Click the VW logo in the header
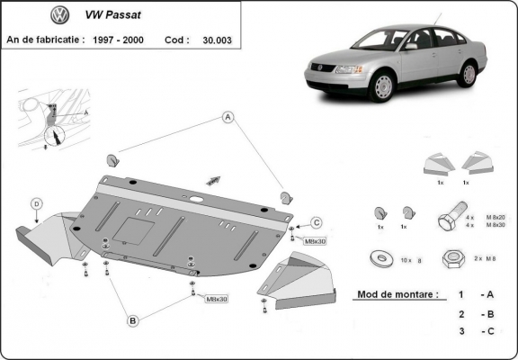click(60, 15)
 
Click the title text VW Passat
click(119, 16)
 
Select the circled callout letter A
click(228, 117)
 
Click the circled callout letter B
click(132, 319)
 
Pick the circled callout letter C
click(317, 222)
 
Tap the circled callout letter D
click(36, 203)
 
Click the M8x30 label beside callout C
click(315, 242)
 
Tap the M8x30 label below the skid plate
click(217, 298)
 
